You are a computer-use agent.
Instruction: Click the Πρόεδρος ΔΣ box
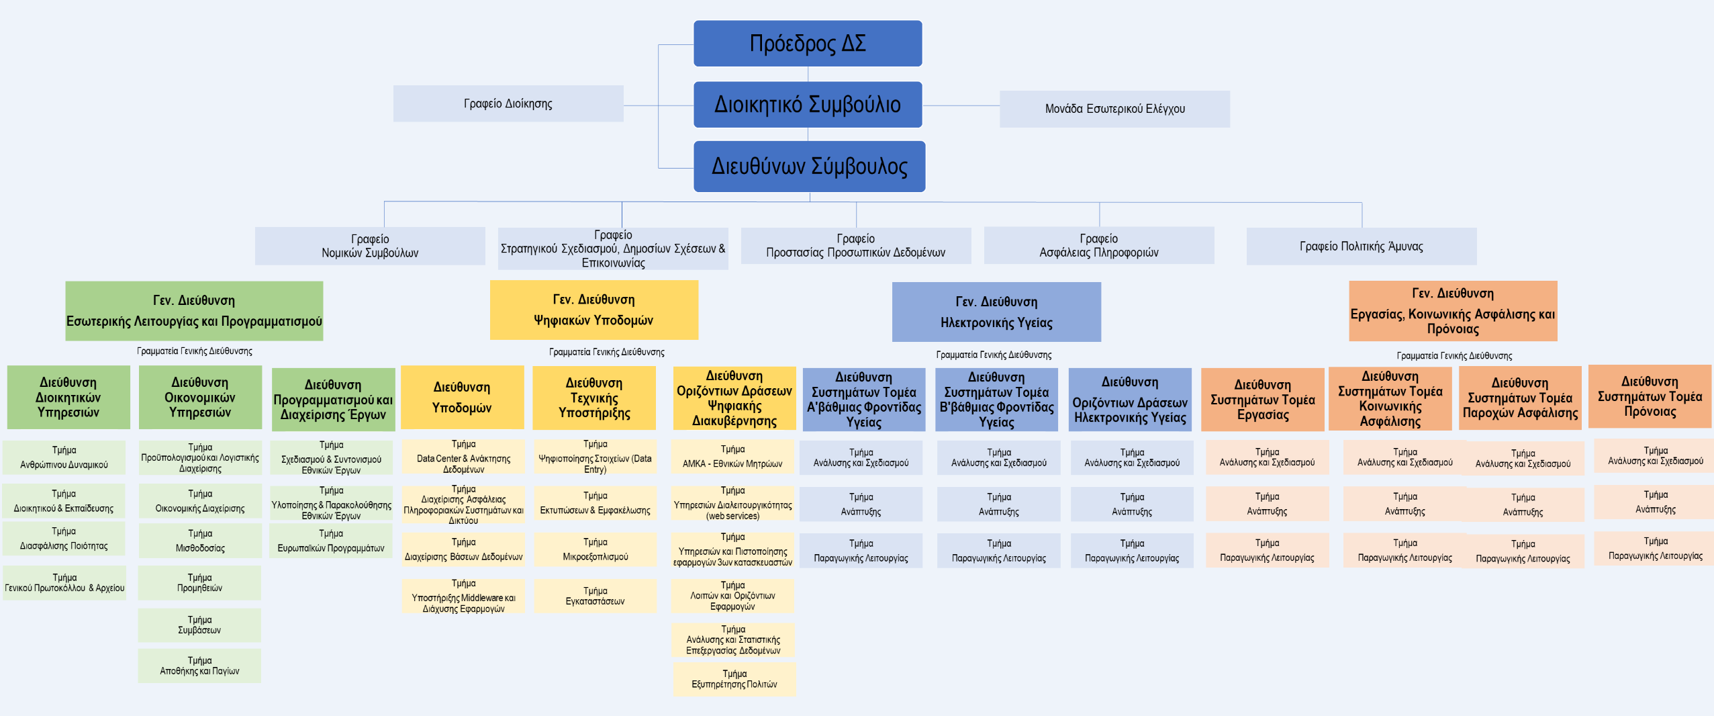(807, 44)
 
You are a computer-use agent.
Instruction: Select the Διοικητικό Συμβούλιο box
(807, 105)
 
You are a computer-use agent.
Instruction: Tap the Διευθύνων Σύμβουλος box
(809, 167)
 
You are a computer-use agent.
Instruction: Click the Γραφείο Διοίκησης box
(508, 103)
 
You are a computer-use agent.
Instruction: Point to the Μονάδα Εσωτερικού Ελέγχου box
(1114, 109)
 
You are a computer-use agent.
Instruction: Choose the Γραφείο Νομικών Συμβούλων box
(370, 246)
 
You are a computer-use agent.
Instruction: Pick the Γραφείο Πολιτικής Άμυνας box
(1361, 247)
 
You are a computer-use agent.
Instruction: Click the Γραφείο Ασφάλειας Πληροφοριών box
(1098, 246)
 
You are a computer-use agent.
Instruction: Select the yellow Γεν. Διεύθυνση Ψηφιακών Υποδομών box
(593, 310)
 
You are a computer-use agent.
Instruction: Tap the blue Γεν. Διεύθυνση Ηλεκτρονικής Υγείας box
(996, 312)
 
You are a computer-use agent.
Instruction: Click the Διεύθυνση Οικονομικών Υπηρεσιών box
(200, 397)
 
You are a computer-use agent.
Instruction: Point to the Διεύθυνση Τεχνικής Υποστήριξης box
(594, 398)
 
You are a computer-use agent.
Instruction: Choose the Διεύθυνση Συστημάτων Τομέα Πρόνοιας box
(1650, 396)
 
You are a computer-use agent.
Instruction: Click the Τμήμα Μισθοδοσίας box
(200, 541)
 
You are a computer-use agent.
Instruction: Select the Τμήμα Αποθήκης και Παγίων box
(199, 666)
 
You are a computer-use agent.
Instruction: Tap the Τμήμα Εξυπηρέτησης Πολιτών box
(734, 679)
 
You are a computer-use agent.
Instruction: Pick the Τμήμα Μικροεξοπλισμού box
(596, 549)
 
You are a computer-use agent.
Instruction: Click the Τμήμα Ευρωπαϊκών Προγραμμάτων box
(331, 541)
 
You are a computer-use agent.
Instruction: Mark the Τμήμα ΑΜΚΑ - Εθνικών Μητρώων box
(732, 457)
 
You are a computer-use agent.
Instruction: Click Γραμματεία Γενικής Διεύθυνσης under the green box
(195, 351)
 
